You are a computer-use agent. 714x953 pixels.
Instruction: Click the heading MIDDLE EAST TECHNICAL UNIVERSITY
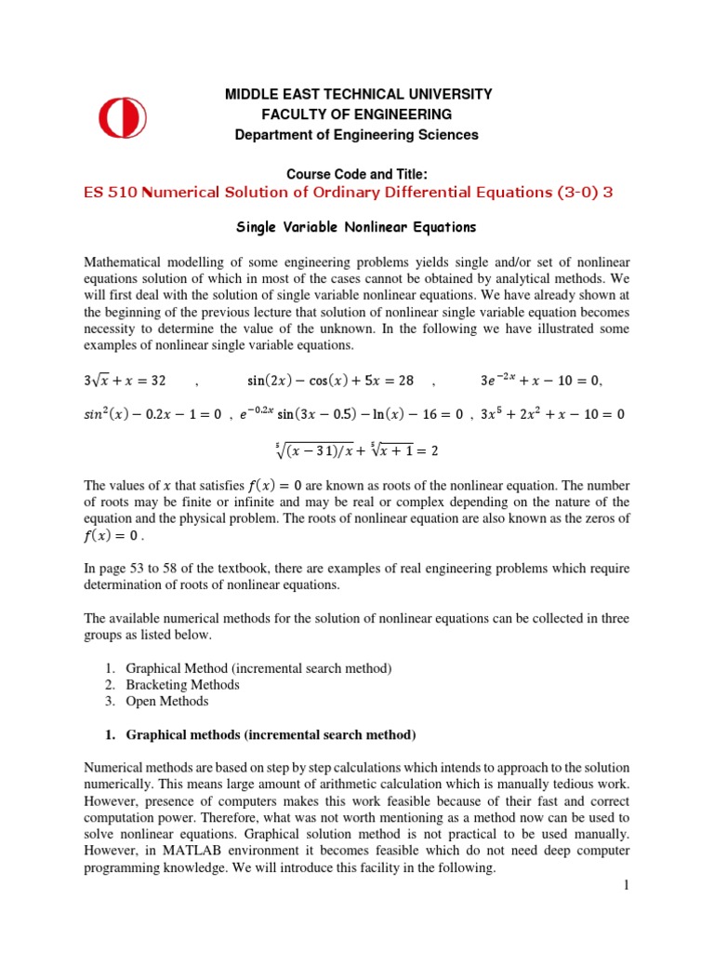coord(358,94)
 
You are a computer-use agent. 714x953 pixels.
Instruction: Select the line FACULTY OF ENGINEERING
coord(358,114)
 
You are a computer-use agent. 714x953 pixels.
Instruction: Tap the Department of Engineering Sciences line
coord(358,134)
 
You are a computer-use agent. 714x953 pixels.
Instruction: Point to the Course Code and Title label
coord(358,174)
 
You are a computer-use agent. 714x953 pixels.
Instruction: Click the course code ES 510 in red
coord(111,193)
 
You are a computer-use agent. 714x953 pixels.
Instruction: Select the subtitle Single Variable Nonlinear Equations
coord(358,227)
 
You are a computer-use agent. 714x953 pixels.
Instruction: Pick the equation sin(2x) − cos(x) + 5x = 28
coord(324,380)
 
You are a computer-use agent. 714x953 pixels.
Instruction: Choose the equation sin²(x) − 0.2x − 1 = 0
coord(151,414)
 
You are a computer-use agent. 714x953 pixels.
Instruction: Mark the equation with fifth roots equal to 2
coord(358,450)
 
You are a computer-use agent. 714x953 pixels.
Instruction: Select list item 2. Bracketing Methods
coord(182,685)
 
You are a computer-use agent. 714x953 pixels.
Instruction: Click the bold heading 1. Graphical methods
coord(260,735)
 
